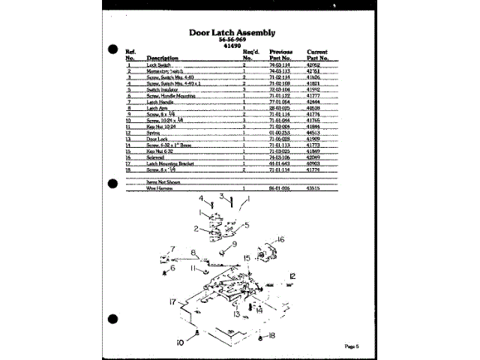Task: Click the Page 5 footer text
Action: point(352,346)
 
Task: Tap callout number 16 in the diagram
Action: point(281,240)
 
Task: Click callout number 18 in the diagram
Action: point(272,334)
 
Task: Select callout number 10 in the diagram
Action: point(181,342)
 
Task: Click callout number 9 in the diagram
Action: point(233,244)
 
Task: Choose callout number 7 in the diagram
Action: point(172,249)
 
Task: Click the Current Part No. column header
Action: point(318,53)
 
